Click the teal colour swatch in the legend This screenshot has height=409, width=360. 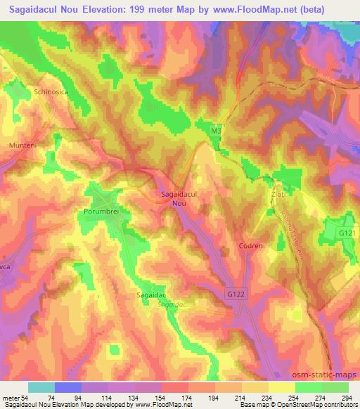[x=42, y=387]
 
